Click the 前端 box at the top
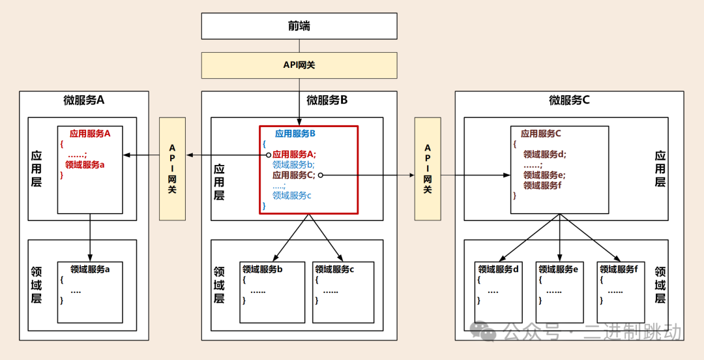point(299,26)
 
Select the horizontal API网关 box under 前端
point(299,65)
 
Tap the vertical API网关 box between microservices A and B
point(173,168)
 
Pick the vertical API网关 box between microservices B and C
point(428,168)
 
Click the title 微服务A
point(84,100)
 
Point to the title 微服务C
point(569,100)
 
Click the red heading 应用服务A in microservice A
point(91,133)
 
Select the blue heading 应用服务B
point(295,134)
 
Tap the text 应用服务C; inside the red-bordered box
point(294,175)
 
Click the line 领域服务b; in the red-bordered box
point(293,164)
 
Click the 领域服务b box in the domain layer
point(272,292)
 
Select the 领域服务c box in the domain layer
point(344,292)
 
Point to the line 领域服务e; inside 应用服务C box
point(544,175)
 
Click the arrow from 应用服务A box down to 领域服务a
point(90,236)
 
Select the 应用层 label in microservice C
point(660,169)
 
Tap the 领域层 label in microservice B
point(219,285)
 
